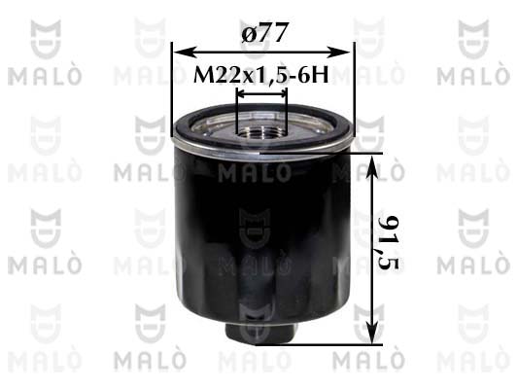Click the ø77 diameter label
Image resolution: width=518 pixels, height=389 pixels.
(x=262, y=32)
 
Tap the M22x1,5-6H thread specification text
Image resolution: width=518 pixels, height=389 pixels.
(x=261, y=75)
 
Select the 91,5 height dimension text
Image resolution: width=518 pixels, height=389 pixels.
(x=389, y=242)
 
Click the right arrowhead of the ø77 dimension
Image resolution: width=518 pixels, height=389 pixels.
(x=339, y=53)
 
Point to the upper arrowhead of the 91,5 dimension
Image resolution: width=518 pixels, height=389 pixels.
(x=372, y=166)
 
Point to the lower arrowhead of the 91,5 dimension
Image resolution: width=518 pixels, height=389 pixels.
(x=372, y=334)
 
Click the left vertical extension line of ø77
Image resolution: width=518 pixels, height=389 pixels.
(x=172, y=89)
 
